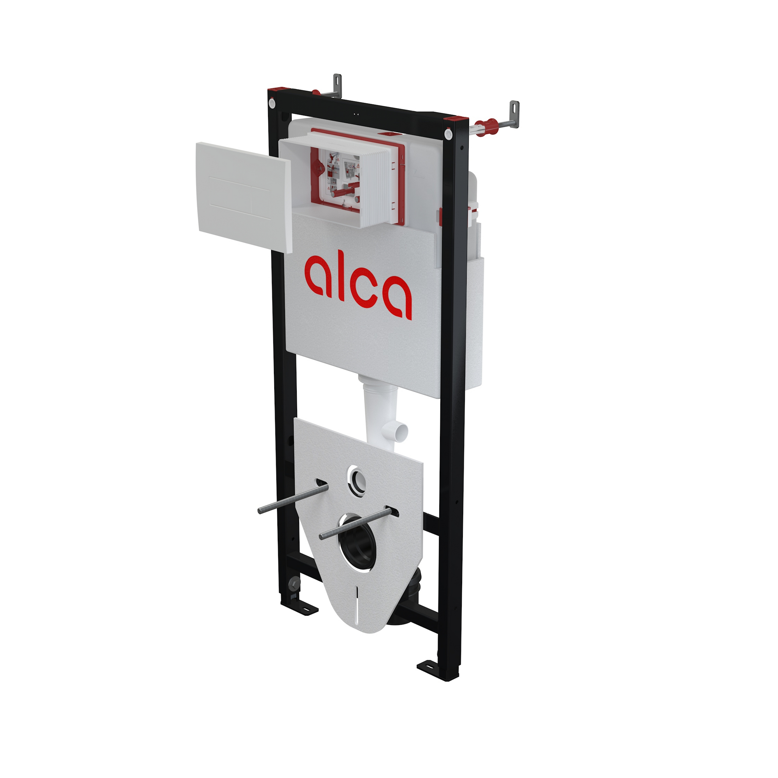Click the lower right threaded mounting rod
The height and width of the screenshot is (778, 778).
point(354,523)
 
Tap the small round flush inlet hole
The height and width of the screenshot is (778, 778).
point(356,479)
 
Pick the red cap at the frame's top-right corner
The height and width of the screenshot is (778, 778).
point(456,119)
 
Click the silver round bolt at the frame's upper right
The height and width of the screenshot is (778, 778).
point(448,133)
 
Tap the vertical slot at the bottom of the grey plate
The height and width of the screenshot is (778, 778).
point(357,600)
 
